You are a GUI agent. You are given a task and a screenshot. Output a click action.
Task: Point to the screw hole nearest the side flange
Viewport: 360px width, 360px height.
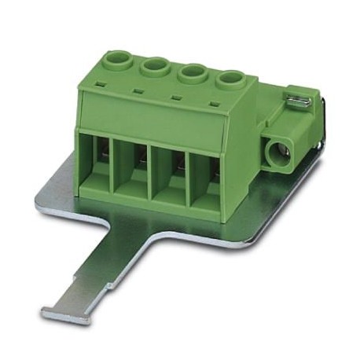click(229, 80)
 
